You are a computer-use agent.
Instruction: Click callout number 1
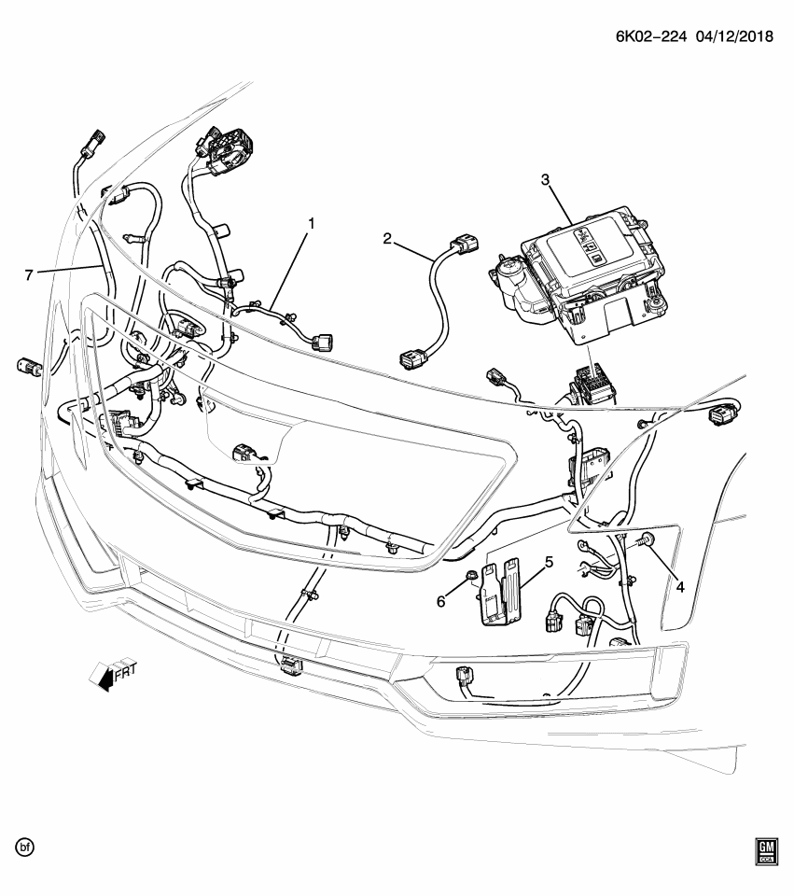point(312,223)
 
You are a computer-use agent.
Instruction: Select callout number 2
point(387,239)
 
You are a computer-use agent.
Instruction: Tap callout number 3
point(546,179)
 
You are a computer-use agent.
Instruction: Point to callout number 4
point(680,587)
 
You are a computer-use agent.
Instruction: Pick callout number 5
point(549,563)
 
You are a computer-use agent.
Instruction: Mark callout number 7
point(30,273)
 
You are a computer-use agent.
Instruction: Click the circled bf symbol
point(25,847)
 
